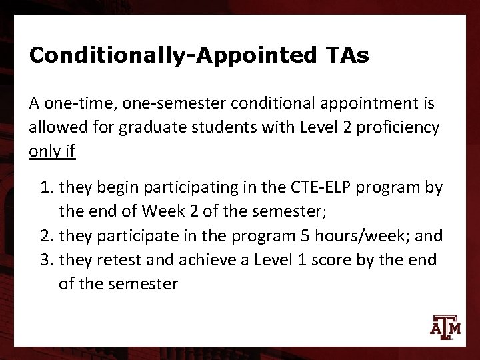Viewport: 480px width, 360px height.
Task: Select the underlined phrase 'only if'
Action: (53, 151)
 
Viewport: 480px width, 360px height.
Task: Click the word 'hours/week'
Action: (344, 236)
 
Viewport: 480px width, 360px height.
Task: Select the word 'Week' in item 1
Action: (160, 211)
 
